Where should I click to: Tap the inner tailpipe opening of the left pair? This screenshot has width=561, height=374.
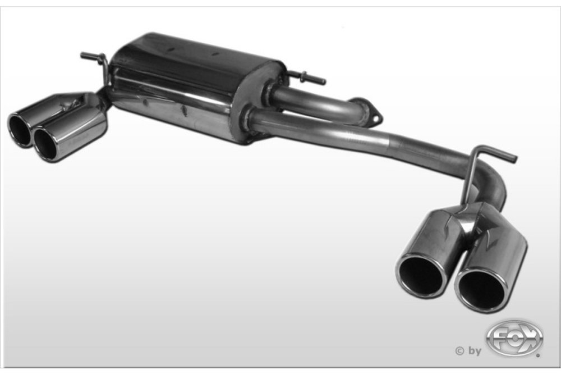pos(46,143)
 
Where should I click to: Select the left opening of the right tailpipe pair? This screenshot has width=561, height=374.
pos(420,276)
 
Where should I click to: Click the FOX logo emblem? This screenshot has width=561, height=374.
pos(514,337)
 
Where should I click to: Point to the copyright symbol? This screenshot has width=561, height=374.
pos(460,351)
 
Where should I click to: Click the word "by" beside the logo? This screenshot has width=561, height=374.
pos(475,351)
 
